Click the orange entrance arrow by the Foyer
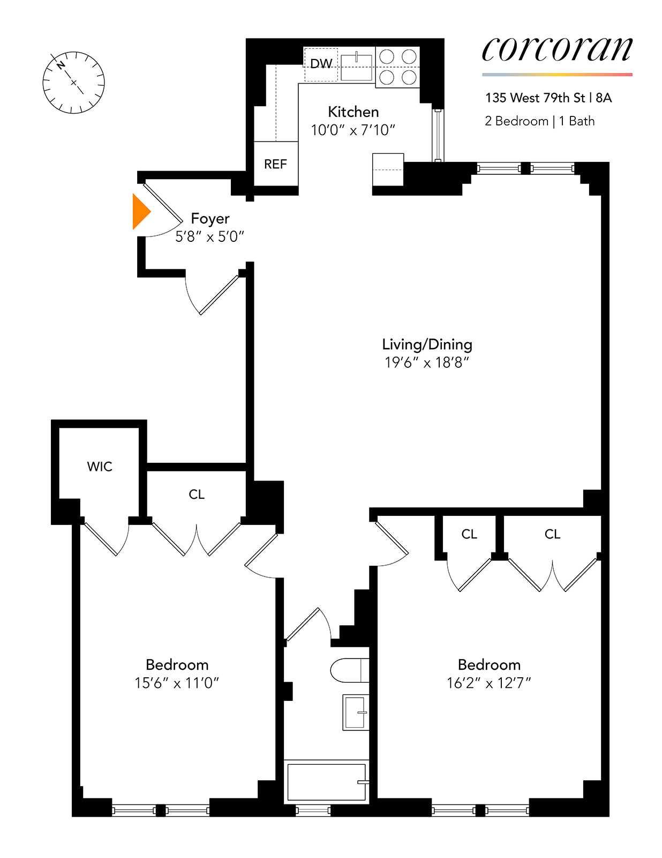(x=140, y=211)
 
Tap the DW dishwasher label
(x=321, y=64)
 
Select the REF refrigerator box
(x=276, y=163)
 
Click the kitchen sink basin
(x=356, y=68)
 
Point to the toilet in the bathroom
(x=350, y=670)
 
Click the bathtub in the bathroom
(x=327, y=782)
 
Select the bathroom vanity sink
(x=356, y=712)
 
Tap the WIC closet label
(x=100, y=467)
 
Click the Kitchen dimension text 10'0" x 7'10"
(x=353, y=130)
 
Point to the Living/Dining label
(x=427, y=344)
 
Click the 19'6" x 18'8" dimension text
(x=427, y=363)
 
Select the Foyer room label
(x=210, y=218)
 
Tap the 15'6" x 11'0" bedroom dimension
(x=177, y=683)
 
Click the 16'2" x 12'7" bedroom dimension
(x=489, y=683)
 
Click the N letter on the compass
(x=61, y=65)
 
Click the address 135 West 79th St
(x=535, y=98)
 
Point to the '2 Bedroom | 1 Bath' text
(x=540, y=121)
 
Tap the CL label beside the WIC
(x=197, y=494)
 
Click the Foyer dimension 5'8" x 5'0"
(x=210, y=236)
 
